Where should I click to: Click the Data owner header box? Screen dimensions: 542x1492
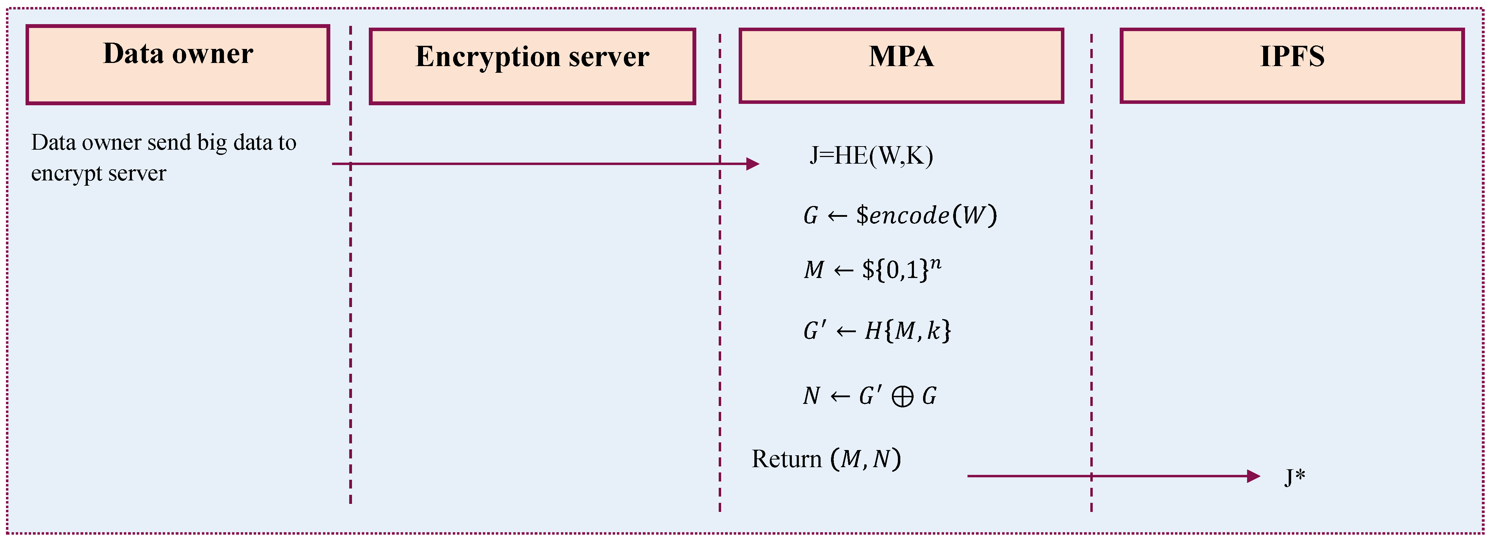click(x=178, y=65)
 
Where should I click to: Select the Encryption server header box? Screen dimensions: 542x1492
click(x=532, y=66)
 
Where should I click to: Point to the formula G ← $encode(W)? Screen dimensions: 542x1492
click(x=900, y=215)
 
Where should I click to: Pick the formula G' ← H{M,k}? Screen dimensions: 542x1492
click(x=876, y=331)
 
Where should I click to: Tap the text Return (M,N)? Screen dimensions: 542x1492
click(x=826, y=459)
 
